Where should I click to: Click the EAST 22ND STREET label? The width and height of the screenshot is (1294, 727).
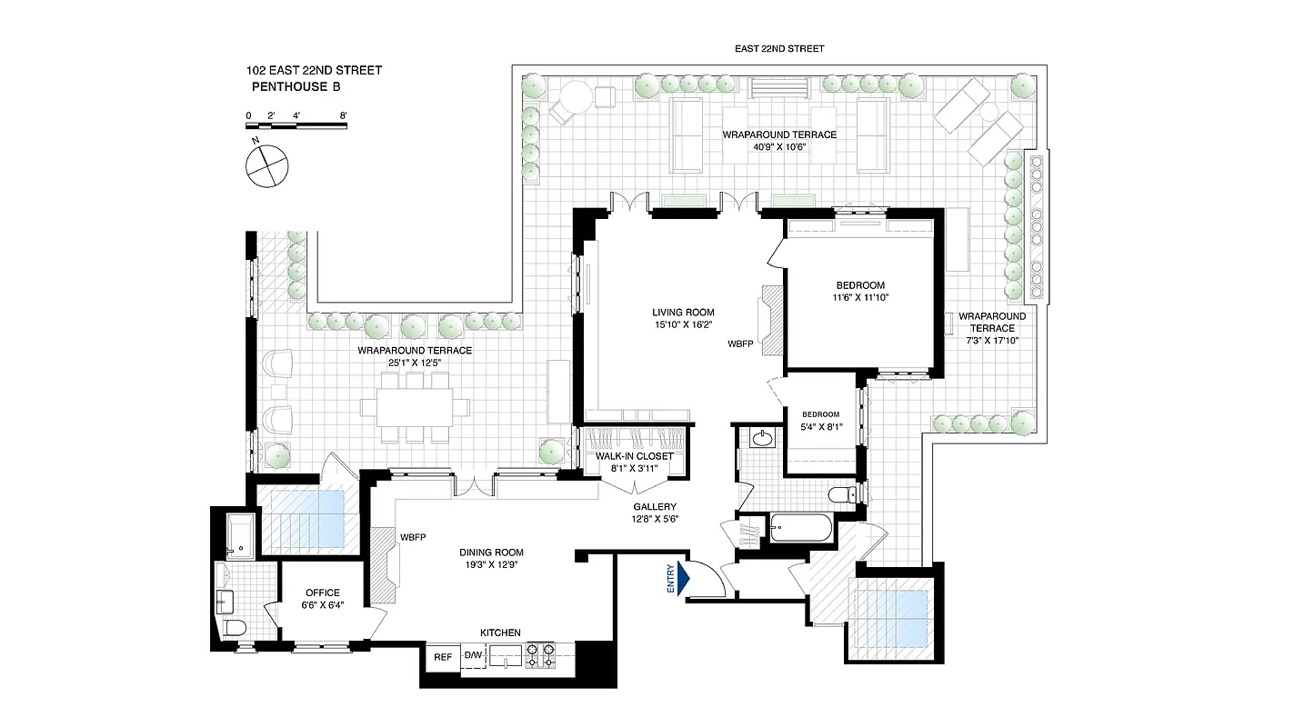pyautogui.click(x=779, y=49)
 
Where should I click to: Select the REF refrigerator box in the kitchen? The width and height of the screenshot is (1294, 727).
pyautogui.click(x=443, y=657)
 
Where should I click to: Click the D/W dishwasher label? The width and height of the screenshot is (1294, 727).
pyautogui.click(x=473, y=655)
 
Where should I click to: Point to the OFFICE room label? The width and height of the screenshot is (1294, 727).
pyautogui.click(x=322, y=593)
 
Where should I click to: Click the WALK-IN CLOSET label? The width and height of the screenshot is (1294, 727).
pyautogui.click(x=634, y=456)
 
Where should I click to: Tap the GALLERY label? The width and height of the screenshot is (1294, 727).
pyautogui.click(x=655, y=507)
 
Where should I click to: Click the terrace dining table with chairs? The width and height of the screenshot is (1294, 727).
pyautogui.click(x=416, y=406)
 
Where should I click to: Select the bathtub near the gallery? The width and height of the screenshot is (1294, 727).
pyautogui.click(x=800, y=527)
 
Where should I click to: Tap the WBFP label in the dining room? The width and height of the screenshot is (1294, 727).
pyautogui.click(x=413, y=538)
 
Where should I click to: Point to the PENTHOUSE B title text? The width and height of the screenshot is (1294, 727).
pyautogui.click(x=299, y=88)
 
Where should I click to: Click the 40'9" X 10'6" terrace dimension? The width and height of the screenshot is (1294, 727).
pyautogui.click(x=778, y=148)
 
